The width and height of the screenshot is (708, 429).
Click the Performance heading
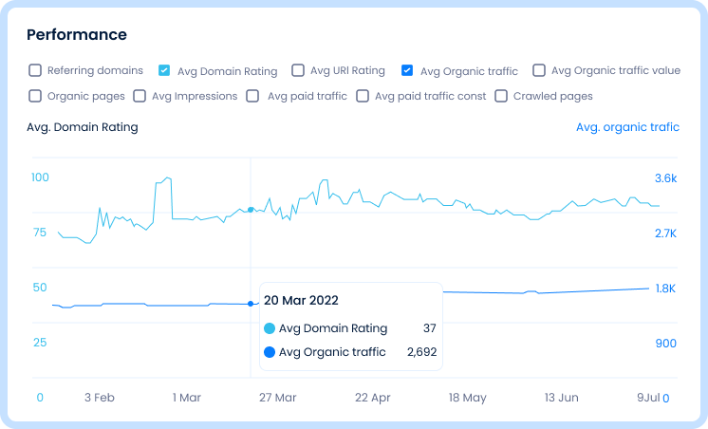pos(76,35)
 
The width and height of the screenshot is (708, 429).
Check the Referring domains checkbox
pos(35,70)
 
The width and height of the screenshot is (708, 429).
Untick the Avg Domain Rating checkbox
pos(164,70)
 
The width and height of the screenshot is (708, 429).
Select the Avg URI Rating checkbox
pos(298,70)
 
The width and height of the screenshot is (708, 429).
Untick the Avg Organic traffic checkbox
pos(407,70)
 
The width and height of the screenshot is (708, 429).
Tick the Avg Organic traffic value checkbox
pos(539,70)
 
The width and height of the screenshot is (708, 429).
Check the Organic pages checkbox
pos(35,96)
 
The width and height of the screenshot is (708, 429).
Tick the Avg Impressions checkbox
pos(140,96)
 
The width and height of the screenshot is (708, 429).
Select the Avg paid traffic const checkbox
pos(363,96)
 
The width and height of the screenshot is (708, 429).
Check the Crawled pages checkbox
pos(501,96)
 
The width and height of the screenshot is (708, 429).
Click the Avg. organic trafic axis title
pos(627,127)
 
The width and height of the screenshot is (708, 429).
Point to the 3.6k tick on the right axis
pos(665,177)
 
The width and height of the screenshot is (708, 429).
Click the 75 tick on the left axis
pos(40,233)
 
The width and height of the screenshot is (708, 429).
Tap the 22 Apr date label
pos(372,398)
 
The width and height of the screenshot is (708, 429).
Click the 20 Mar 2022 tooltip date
pos(301,300)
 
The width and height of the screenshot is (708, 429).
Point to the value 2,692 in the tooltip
pos(420,352)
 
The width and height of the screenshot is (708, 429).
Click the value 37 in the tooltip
pos(429,328)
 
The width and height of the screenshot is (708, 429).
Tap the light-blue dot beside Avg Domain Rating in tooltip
pos(270,328)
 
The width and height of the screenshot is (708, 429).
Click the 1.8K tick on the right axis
pos(665,288)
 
